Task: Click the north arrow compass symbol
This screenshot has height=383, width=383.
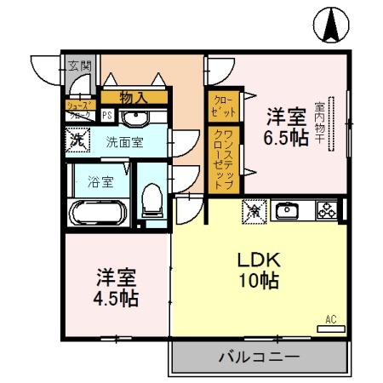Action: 330,26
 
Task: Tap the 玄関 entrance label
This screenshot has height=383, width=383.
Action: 79,65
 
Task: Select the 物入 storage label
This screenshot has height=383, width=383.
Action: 133,98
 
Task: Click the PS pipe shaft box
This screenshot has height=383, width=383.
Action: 108,115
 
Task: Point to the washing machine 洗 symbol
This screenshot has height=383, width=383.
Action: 77,139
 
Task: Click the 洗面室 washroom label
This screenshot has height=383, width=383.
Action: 124,141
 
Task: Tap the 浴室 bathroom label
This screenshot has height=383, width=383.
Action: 100,180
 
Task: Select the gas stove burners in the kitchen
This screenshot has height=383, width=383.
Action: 326,209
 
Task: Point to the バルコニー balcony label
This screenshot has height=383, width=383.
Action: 258,357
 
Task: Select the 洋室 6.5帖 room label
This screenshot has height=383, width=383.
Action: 285,127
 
